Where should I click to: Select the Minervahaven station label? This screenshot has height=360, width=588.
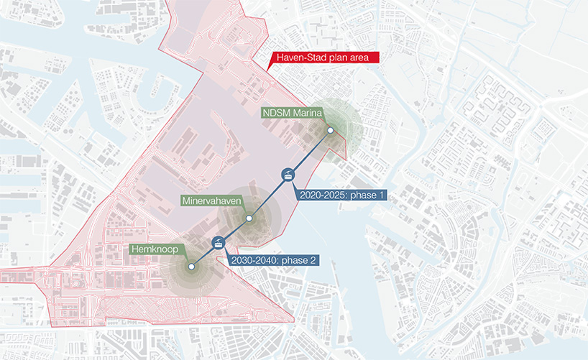click(x=211, y=201)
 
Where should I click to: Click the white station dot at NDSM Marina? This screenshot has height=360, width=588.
click(x=331, y=131)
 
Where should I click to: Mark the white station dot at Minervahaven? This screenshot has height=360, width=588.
click(x=249, y=218)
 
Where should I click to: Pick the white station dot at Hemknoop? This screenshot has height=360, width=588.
click(x=191, y=267)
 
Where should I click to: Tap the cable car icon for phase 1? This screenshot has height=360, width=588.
click(x=288, y=175)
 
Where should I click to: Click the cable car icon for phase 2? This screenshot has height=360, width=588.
click(x=217, y=244)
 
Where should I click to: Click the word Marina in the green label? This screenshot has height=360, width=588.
click(x=306, y=113)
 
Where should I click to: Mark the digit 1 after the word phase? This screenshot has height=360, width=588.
click(x=383, y=195)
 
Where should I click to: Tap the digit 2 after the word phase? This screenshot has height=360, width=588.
click(x=314, y=260)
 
